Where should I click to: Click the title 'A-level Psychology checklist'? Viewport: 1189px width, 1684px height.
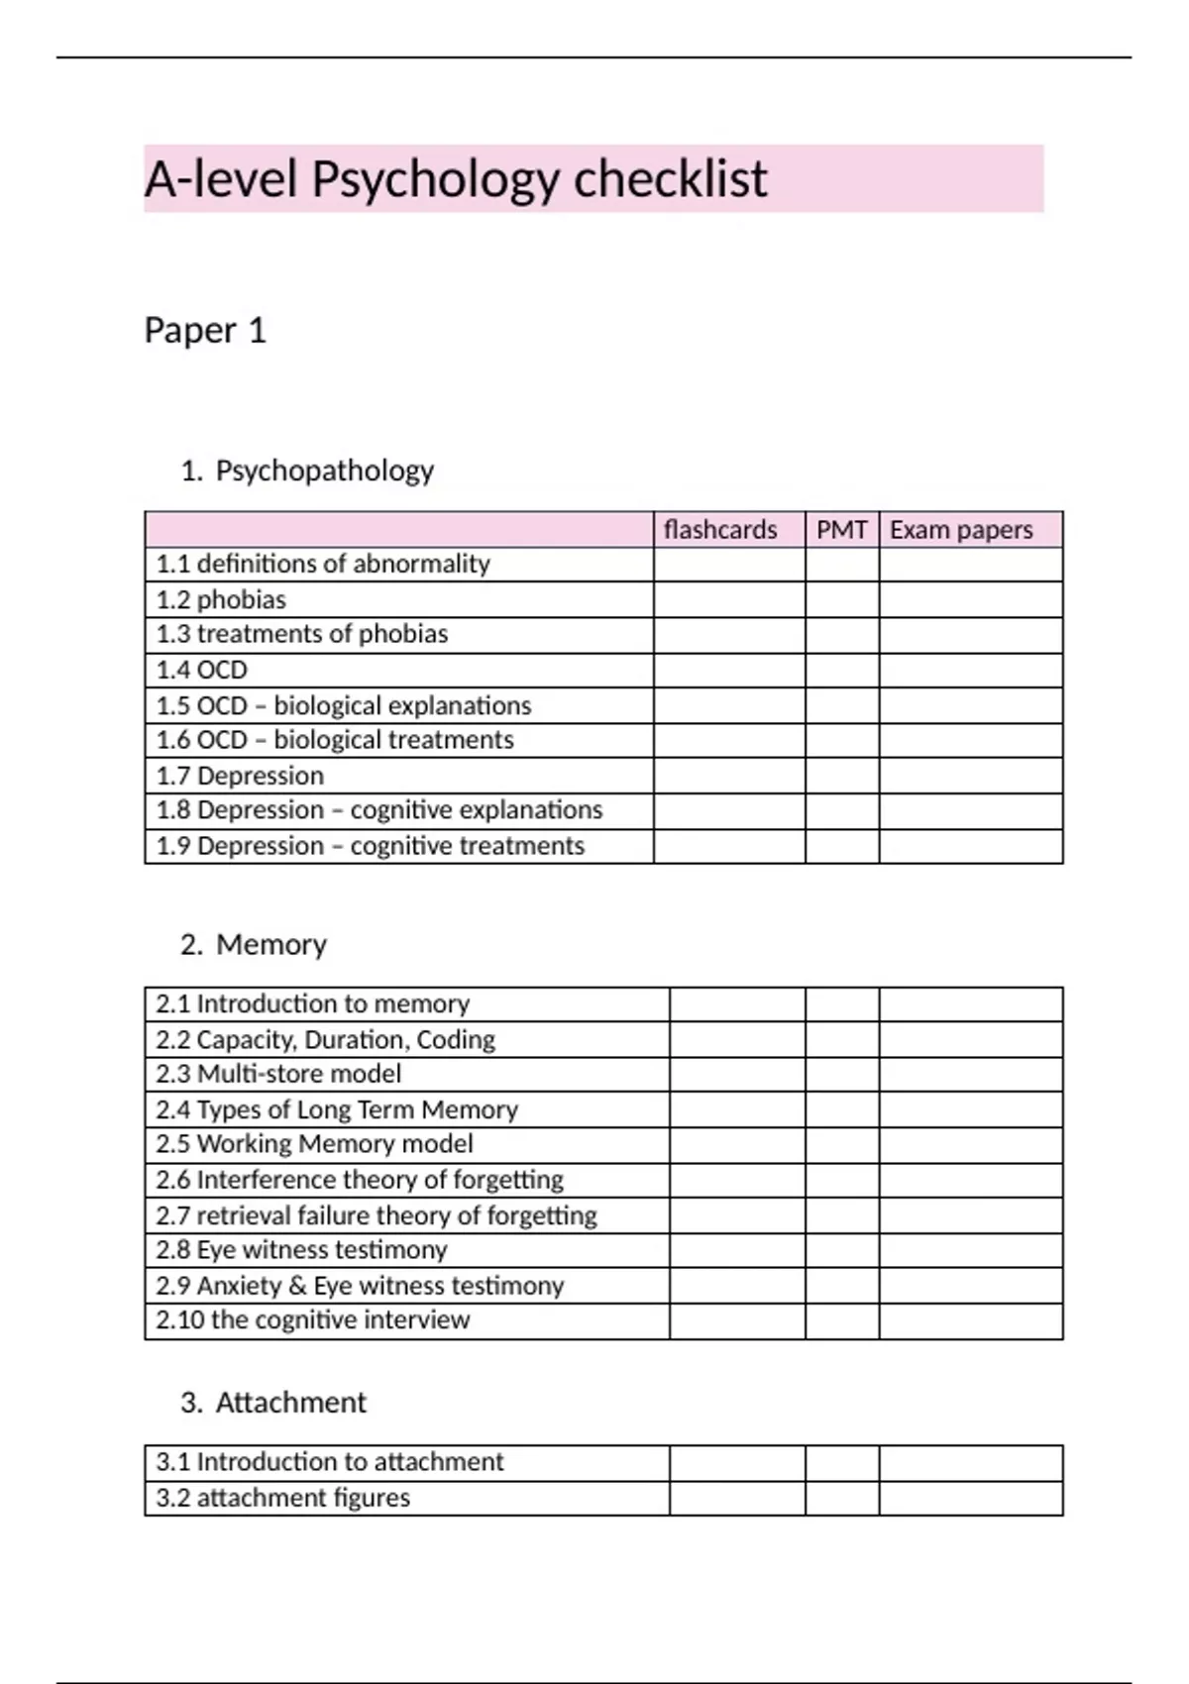[x=456, y=179]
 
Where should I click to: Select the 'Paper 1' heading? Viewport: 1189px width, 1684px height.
[x=205, y=330]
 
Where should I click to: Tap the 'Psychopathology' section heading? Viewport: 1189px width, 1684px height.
[x=324, y=470]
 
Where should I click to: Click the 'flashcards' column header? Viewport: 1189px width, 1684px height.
[x=720, y=530]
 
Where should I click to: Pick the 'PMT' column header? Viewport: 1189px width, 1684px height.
[x=841, y=530]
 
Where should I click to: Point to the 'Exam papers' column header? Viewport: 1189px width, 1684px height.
[x=961, y=530]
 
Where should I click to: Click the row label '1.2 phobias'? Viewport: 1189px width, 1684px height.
[x=221, y=599]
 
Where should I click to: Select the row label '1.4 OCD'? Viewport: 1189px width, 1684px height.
[x=202, y=670]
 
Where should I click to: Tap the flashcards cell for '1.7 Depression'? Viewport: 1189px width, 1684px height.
[x=729, y=776]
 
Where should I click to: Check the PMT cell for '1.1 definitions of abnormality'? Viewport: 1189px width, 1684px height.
[x=841, y=565]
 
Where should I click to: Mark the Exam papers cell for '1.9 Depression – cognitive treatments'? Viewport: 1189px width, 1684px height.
[x=970, y=846]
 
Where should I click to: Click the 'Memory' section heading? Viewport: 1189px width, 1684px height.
[x=270, y=944]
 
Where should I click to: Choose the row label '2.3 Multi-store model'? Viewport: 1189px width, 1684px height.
[x=278, y=1074]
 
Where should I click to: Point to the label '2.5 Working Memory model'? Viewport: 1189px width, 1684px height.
[x=314, y=1144]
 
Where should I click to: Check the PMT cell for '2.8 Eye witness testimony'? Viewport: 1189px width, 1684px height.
[x=841, y=1250]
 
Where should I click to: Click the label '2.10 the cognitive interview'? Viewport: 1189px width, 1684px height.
[x=312, y=1320]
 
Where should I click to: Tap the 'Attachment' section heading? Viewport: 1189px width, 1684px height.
[x=290, y=1402]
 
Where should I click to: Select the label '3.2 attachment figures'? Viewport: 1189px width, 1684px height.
[x=282, y=1498]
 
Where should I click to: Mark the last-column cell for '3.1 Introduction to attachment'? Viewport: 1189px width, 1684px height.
[x=970, y=1463]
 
